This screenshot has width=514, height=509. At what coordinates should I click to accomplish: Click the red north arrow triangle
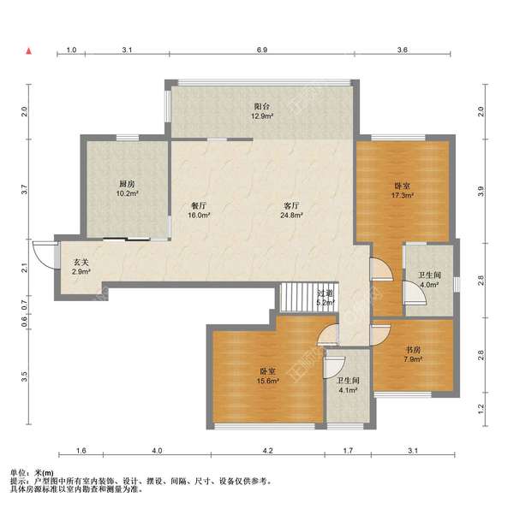pos(29,51)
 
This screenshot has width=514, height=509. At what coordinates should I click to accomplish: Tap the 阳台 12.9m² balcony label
pos(262,111)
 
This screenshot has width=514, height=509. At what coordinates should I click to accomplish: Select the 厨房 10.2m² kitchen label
pos(127,188)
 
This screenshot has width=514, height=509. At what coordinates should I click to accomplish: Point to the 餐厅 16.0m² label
pos(199,210)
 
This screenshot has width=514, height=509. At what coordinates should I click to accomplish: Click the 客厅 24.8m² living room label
pos(291,210)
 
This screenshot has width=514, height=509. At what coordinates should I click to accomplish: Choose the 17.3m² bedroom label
pos(403,191)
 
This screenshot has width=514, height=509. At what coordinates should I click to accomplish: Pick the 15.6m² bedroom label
pos(268,376)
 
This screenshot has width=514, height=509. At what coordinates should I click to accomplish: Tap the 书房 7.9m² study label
pos(413,354)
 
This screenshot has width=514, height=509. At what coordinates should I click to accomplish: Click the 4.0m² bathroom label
pos(429,280)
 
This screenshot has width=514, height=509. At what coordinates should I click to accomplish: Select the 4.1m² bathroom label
pos(348,385)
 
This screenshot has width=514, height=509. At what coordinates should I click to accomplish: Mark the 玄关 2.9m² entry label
pos(81,266)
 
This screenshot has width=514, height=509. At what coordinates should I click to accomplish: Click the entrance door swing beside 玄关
pos(45,255)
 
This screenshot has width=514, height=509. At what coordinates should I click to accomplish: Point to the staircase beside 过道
pos(298,297)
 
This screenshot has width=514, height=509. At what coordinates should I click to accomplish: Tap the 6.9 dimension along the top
pos(262,50)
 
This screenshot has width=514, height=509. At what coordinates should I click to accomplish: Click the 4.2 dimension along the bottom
pos(268,451)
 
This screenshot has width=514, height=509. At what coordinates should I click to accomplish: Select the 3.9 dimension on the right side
pos(481,191)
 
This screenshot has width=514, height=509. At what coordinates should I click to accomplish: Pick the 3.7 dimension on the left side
pos(24,190)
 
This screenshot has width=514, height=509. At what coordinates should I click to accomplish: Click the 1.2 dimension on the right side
pos(481,408)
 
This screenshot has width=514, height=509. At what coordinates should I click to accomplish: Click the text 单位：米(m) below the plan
pos(32,473)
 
